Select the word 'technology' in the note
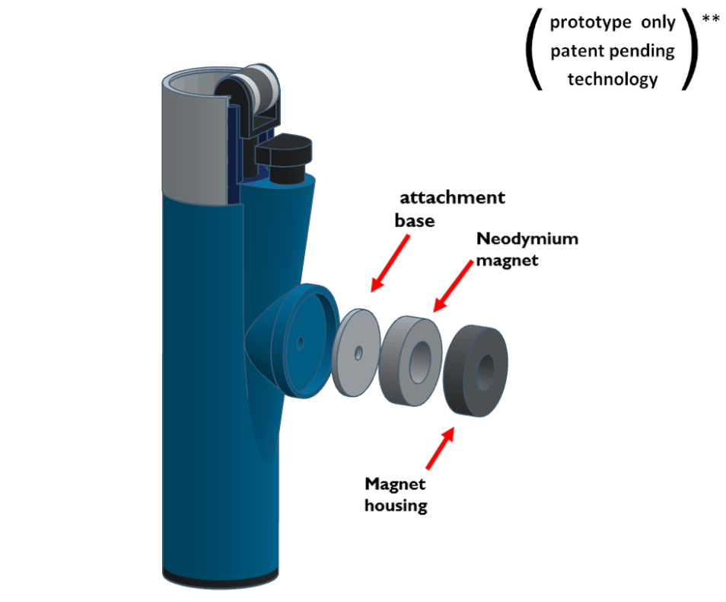pyautogui.click(x=613, y=78)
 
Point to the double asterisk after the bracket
pyautogui.click(x=711, y=18)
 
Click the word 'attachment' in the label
pyautogui.click(x=454, y=198)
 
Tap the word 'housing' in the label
pyautogui.click(x=396, y=504)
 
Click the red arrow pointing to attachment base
pyautogui.click(x=389, y=263)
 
